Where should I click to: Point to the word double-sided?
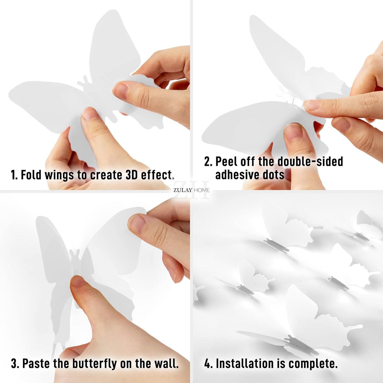pos(310,161)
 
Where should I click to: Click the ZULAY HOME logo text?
pos(192,190)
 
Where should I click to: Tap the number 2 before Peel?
pos(207,161)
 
